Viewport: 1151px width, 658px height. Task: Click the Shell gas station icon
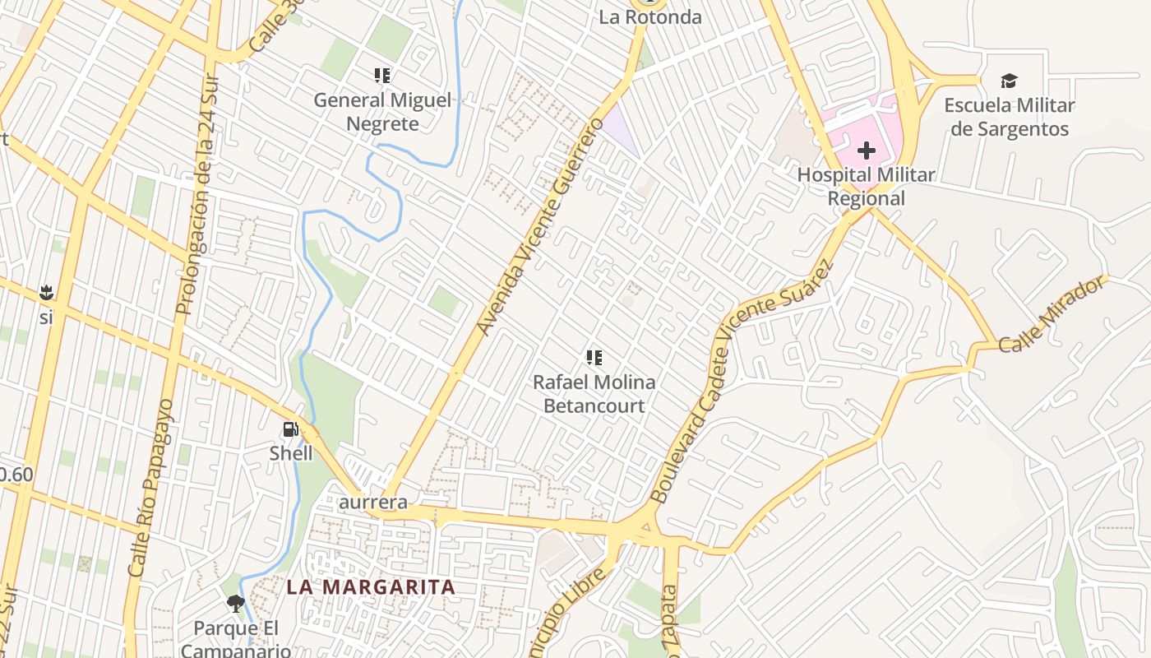coord(290,429)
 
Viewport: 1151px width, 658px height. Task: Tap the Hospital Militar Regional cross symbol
coord(866,151)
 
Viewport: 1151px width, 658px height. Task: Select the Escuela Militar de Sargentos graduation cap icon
coord(1009,81)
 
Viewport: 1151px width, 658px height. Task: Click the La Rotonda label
coord(649,16)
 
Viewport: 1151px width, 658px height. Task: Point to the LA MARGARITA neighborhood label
coord(371,587)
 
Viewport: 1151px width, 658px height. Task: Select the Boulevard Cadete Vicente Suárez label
coord(741,382)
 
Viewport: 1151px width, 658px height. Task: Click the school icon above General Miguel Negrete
coord(382,76)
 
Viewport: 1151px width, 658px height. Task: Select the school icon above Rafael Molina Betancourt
coord(594,357)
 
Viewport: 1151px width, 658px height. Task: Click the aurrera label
coord(374,502)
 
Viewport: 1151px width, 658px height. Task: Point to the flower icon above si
coord(46,292)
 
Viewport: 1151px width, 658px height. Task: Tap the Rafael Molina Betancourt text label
coord(594,394)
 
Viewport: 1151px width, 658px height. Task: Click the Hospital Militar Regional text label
coord(866,187)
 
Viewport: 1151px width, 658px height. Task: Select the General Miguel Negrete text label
coord(382,113)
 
